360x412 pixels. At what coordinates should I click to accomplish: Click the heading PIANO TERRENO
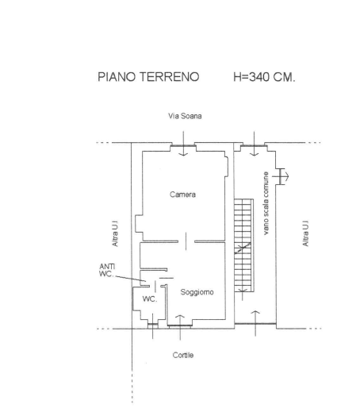pos(148,77)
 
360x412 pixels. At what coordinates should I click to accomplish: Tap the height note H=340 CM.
pos(264,77)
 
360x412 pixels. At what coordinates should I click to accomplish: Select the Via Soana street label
pos(185,116)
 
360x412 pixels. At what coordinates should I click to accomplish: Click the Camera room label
pos(182,194)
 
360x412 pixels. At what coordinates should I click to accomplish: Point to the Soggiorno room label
pos(197,292)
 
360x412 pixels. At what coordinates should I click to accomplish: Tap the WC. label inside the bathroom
pos(150,299)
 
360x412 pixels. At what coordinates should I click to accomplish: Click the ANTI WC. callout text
pos(107,270)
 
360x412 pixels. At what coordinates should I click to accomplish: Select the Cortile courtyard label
pos(183,355)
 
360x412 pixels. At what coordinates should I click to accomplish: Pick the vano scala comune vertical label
pos(266,203)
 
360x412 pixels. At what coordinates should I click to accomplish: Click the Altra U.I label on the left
pos(115,233)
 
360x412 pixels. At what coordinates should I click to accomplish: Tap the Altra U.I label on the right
pos(305,233)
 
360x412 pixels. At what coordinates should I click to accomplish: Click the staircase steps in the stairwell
pos(243,245)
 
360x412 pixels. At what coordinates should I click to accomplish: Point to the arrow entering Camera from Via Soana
pos(183,144)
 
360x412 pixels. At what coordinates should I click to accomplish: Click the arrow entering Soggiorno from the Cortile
pos(180,328)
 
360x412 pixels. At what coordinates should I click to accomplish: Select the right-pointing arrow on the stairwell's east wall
pos(281,176)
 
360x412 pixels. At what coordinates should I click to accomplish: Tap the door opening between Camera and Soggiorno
pos(186,241)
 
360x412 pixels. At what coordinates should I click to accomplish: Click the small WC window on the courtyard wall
pos(152,325)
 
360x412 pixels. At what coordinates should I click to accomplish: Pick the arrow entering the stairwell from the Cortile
pos(255,323)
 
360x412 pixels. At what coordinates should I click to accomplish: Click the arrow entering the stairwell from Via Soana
pos(254,144)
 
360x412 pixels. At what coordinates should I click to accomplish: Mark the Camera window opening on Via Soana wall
pos(183,145)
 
